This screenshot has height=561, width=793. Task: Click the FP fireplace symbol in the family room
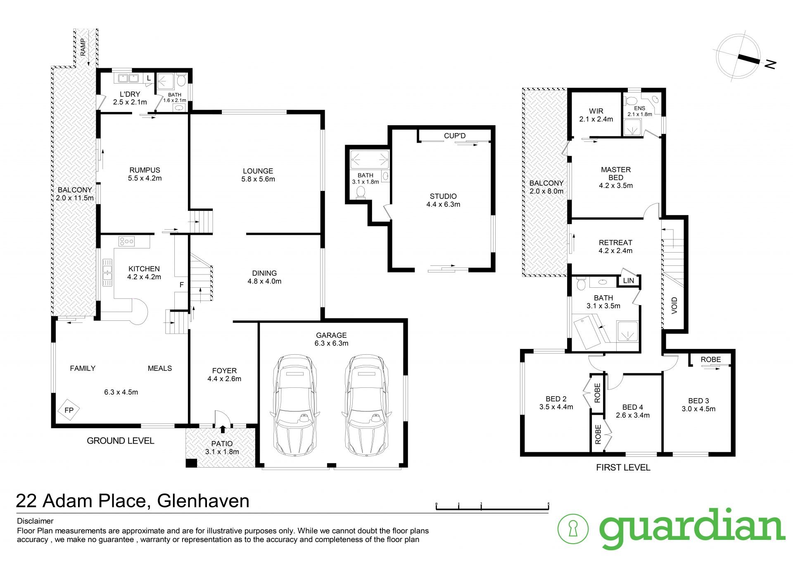click(69, 410)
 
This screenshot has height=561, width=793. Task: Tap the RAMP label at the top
click(83, 47)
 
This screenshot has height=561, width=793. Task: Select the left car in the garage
click(294, 405)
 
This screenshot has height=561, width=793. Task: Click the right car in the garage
click(366, 405)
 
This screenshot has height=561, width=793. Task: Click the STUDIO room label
click(443, 196)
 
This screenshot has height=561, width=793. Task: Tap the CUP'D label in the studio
click(454, 136)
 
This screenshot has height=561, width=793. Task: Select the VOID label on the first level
click(674, 306)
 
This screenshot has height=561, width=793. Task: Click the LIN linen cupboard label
click(628, 281)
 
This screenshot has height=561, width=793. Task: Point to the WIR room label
click(596, 111)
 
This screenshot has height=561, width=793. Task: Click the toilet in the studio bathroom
click(361, 192)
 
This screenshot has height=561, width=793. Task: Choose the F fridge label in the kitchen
click(181, 285)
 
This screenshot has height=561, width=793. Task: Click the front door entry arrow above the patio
click(223, 430)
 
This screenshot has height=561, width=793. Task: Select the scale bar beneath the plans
click(492, 507)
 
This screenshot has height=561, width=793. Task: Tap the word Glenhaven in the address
click(204, 501)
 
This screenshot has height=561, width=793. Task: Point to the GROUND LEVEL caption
click(120, 441)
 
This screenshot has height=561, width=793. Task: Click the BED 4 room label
click(632, 407)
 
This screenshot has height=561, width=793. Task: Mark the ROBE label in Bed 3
click(710, 360)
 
